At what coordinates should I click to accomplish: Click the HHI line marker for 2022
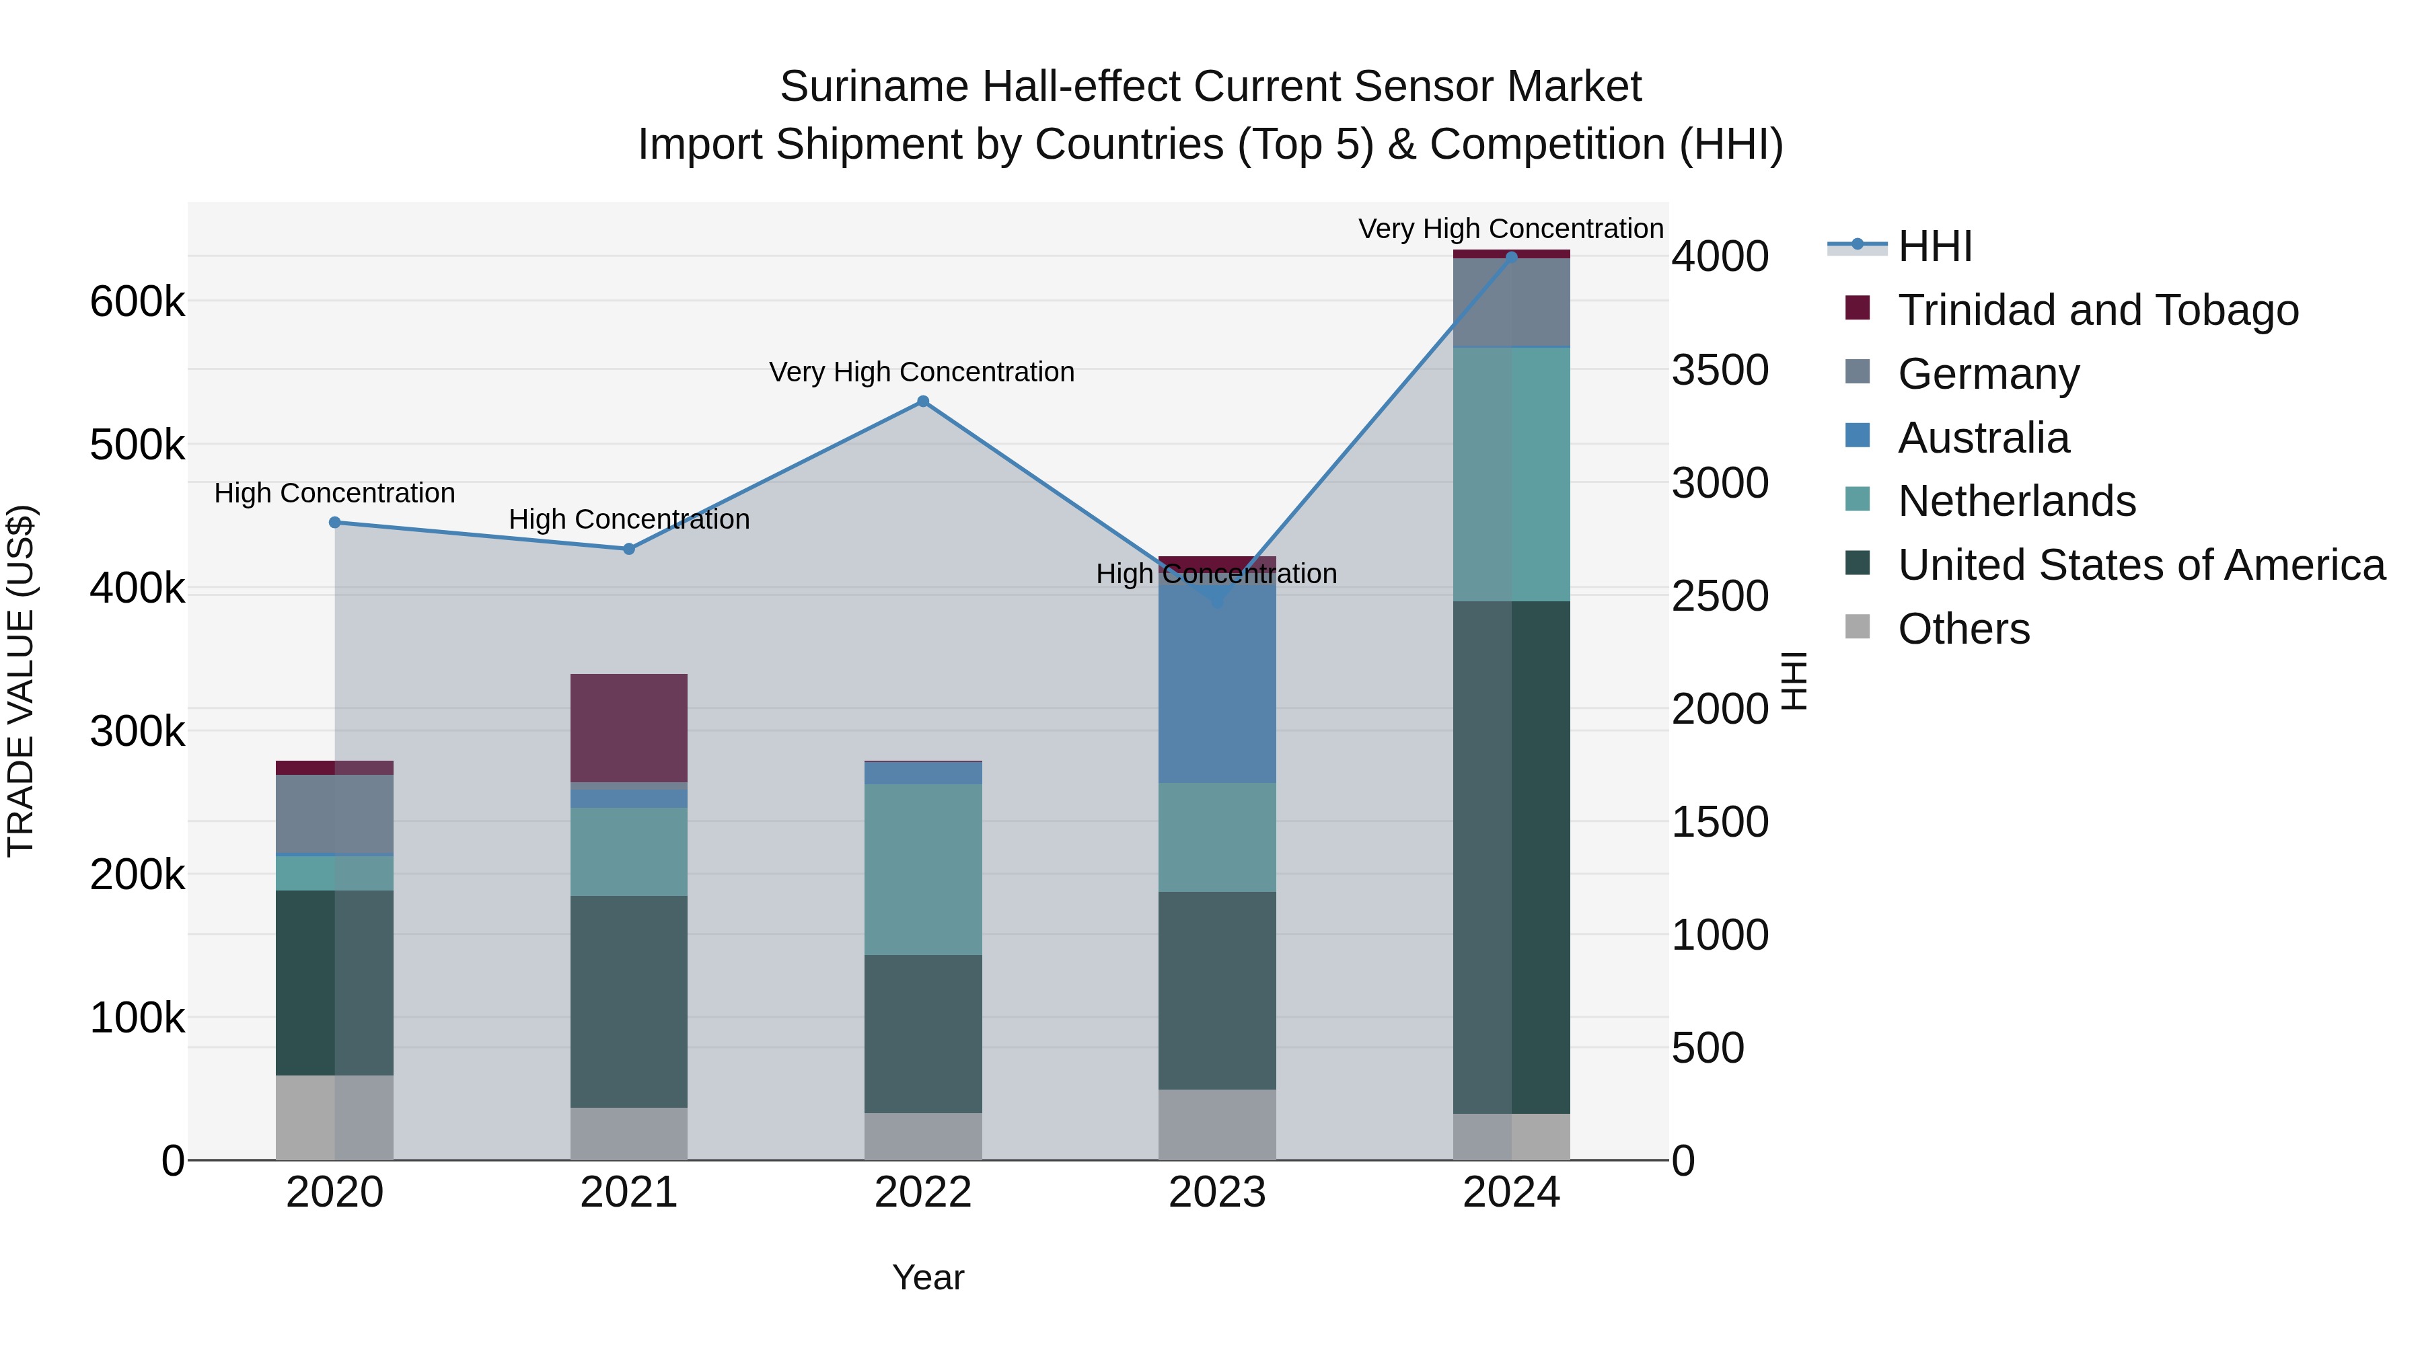[922, 402]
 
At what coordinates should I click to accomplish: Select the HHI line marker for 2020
[335, 523]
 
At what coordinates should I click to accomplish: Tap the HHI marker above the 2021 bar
[629, 549]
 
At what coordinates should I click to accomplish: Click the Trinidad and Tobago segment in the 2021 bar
[629, 728]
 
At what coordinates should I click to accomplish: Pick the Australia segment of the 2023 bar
[1216, 686]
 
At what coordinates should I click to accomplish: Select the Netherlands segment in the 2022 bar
[922, 870]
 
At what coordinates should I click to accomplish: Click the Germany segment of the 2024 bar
[1511, 303]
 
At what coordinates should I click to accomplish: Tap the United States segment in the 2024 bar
[1511, 858]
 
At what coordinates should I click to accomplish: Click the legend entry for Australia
[1983, 438]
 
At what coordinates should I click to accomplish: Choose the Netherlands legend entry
[2016, 501]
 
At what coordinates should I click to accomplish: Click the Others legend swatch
[1858, 627]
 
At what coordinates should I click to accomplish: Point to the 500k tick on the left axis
[137, 445]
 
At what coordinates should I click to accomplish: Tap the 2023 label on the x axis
[1216, 1193]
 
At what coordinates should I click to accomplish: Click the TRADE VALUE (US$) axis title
[21, 681]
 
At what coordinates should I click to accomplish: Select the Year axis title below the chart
[928, 1277]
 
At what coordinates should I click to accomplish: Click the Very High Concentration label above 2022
[922, 372]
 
